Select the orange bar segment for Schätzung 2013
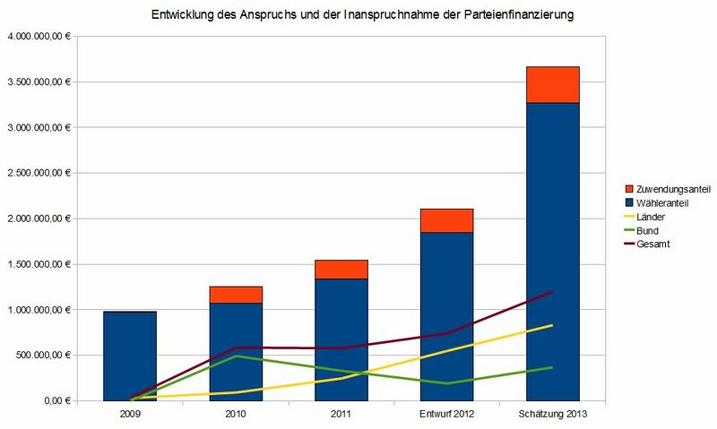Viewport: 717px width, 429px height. point(552,84)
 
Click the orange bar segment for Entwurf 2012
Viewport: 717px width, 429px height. point(446,220)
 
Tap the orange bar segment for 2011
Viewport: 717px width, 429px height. point(341,269)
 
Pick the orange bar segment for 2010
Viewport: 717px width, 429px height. point(236,295)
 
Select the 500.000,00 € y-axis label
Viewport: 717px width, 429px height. point(42,356)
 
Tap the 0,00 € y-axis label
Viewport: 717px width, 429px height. point(53,401)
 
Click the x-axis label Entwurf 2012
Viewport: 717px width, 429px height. point(446,415)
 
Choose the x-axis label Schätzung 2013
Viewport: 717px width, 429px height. point(552,415)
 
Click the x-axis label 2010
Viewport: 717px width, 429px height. point(236,415)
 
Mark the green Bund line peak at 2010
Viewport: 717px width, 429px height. point(236,356)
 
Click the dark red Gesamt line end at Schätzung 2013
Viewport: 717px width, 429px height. point(552,292)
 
